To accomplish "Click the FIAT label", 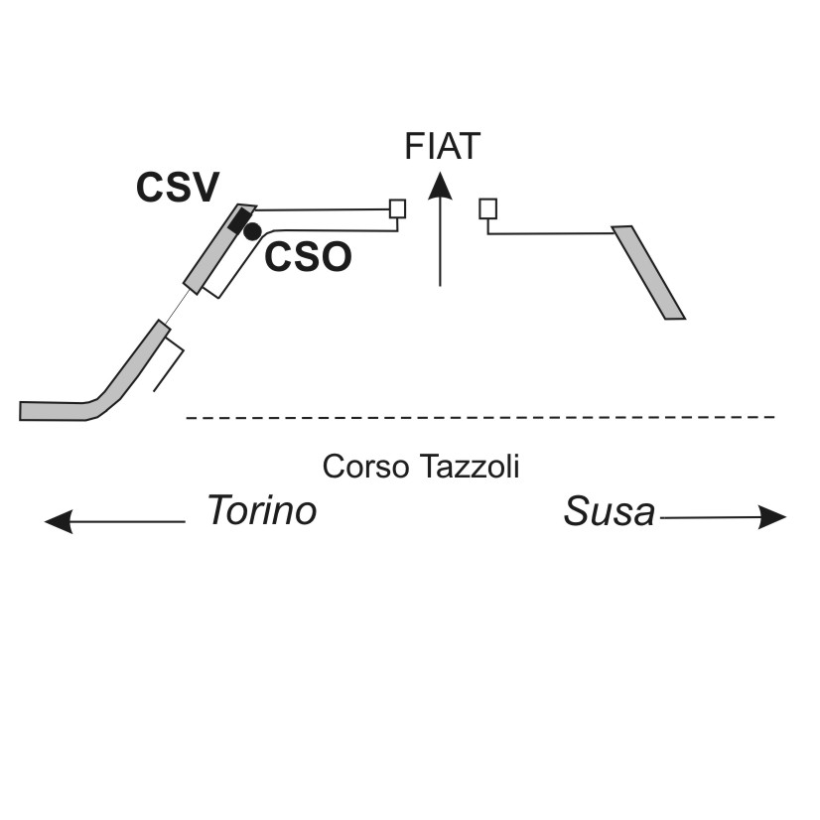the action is [443, 147].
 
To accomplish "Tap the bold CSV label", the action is [178, 188].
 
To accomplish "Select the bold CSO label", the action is [308, 257].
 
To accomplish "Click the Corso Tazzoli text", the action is [421, 466].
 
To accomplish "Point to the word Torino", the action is [262, 510].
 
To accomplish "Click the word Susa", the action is [610, 511].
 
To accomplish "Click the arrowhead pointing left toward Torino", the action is [59, 521].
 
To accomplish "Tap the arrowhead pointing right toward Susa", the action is [772, 517].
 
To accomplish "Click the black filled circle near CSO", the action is [252, 231].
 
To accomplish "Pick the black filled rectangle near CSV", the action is [239, 220].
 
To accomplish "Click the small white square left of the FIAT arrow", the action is [397, 208].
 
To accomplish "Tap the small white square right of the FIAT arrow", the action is [487, 208].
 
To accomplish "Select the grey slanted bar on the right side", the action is [648, 272].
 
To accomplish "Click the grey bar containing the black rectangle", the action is [220, 249].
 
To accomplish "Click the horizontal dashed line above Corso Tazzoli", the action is [480, 417].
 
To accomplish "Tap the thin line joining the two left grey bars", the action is [178, 307].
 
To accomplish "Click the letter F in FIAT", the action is [414, 147].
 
